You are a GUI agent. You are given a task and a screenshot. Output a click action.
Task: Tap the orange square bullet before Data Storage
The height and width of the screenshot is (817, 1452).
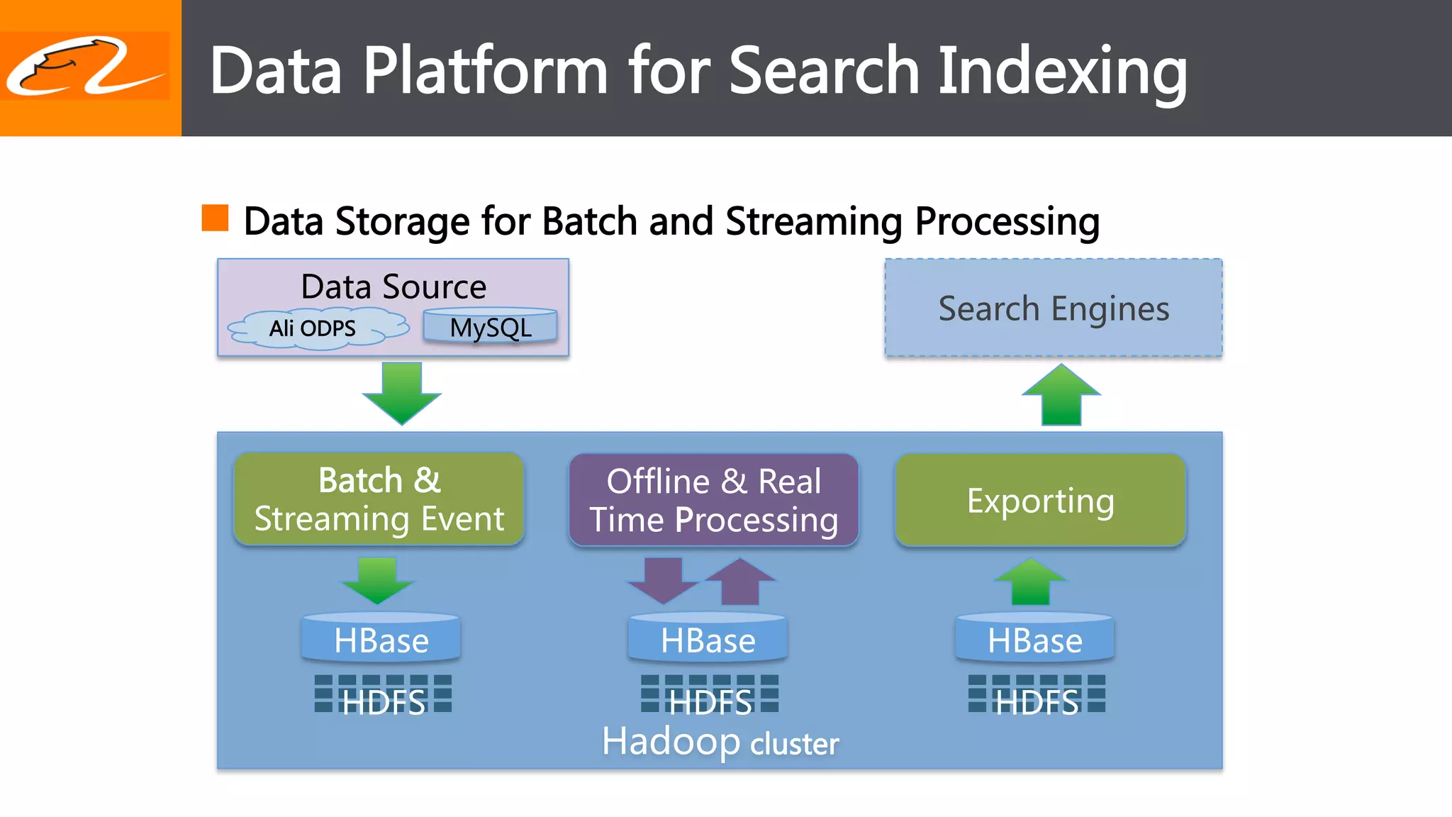[x=215, y=218]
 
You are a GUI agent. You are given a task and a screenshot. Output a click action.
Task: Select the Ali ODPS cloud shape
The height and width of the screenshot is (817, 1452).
[x=316, y=328]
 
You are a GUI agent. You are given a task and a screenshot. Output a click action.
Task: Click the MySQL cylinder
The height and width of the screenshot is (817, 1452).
[x=491, y=327]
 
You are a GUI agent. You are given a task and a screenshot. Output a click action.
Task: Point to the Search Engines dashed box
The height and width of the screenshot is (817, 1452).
[x=1054, y=308]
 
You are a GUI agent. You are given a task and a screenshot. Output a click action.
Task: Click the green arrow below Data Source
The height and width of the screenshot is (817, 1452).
[x=402, y=392]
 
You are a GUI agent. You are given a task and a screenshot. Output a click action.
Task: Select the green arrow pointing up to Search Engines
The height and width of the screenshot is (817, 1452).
[x=1061, y=396]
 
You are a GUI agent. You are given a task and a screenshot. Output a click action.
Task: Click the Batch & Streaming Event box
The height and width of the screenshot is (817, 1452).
[x=379, y=499]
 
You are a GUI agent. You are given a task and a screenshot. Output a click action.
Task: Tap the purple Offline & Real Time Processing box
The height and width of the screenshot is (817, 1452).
[x=714, y=499]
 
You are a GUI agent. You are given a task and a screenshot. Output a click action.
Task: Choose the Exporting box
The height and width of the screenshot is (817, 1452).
[x=1040, y=501]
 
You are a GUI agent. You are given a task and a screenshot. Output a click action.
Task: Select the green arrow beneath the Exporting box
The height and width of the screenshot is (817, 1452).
[x=1031, y=582]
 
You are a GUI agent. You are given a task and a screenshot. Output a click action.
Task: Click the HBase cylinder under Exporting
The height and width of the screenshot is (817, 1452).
[x=1034, y=639]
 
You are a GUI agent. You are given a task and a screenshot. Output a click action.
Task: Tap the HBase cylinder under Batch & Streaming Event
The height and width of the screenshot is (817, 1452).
[x=381, y=639]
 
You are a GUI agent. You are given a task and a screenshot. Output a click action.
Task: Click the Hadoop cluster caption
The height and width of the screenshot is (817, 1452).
[x=720, y=742]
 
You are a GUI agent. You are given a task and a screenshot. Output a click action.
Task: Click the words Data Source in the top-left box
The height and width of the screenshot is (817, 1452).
[x=393, y=287]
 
